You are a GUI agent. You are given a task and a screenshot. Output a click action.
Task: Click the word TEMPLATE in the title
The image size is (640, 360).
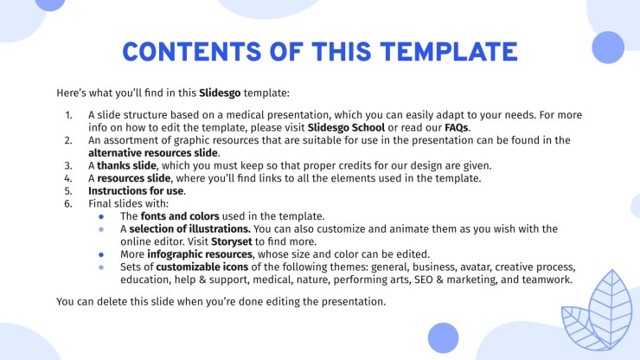449,51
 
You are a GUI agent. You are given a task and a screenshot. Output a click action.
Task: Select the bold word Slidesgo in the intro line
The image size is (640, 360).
220,93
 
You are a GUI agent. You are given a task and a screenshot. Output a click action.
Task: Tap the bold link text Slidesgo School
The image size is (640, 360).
346,127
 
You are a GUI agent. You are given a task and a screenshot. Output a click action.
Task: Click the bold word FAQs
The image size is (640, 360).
457,127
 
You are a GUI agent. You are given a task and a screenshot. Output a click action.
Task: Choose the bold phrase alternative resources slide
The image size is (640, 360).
153,153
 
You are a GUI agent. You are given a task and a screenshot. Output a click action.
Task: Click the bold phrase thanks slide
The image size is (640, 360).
126,165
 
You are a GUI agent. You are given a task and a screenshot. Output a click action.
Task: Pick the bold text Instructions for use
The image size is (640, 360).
136,191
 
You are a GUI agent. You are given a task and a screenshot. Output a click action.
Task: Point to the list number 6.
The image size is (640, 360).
68,203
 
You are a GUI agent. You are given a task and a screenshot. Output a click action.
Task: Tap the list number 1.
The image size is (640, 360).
68,115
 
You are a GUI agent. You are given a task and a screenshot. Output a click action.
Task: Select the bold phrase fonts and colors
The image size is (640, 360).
180,216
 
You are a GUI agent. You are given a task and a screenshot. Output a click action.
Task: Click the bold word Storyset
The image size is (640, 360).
232,241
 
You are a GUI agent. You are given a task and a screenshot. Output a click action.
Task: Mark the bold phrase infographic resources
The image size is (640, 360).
200,254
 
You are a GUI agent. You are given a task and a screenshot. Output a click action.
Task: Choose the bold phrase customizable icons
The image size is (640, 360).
202,267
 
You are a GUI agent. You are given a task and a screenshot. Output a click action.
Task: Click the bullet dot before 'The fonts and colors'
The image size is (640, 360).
101,217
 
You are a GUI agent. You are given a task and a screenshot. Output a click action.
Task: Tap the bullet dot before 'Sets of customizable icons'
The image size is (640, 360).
101,267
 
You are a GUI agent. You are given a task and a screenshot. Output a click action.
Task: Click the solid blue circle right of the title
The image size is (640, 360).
608,48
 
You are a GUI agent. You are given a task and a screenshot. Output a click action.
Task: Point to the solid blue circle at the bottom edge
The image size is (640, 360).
444,338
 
